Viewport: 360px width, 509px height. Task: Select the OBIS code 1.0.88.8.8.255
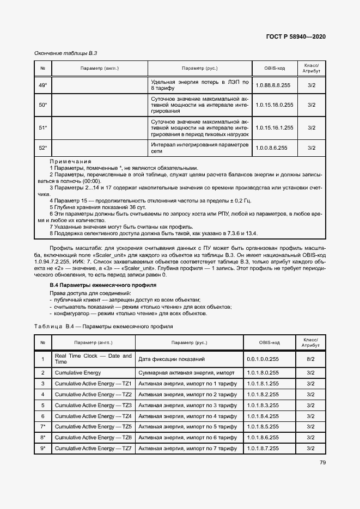click(x=273, y=85)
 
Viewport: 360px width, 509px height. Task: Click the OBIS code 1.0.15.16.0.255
click(x=274, y=105)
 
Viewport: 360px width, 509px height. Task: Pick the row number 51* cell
click(x=42, y=127)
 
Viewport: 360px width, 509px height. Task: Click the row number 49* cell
click(x=42, y=85)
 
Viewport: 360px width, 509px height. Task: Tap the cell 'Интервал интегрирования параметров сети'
click(x=199, y=147)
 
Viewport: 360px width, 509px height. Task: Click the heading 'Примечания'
click(x=70, y=162)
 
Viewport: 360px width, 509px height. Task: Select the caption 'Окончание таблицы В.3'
click(x=65, y=53)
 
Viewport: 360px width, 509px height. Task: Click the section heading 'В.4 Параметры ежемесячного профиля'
click(x=91, y=285)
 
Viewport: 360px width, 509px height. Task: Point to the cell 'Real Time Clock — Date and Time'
click(x=93, y=359)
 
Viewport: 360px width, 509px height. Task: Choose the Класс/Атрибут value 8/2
click(x=311, y=359)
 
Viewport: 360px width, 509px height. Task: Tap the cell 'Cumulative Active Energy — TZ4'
click(x=93, y=416)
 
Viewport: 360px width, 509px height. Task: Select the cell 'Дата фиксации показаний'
click(x=172, y=359)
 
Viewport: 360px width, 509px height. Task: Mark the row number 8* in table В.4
click(x=42, y=437)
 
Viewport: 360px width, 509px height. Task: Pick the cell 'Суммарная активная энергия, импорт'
click(x=186, y=373)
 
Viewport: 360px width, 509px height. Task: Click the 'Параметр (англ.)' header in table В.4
click(x=93, y=342)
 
